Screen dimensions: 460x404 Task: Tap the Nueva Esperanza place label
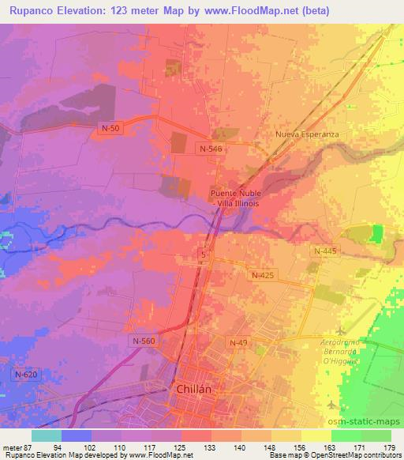(307, 134)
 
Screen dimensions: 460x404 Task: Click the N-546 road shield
(211, 148)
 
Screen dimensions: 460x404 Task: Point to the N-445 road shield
(323, 251)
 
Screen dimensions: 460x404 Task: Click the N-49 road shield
(238, 341)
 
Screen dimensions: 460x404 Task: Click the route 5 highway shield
(204, 254)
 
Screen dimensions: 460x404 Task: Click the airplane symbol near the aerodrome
(340, 331)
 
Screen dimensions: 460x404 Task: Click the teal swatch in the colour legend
(47, 435)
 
